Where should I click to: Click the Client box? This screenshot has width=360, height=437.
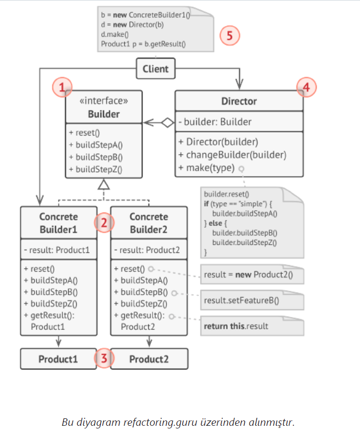(x=155, y=69)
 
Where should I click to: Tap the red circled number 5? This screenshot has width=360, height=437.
(x=230, y=36)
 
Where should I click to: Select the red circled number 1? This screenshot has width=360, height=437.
(x=62, y=87)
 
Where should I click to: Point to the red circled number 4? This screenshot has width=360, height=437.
(x=306, y=87)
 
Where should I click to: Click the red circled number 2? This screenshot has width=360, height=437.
(x=104, y=223)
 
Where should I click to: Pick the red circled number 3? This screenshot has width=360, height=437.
(x=104, y=359)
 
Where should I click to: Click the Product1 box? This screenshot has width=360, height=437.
(x=59, y=359)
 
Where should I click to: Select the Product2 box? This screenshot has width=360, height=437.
(x=149, y=359)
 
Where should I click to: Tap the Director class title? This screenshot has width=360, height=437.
(x=239, y=101)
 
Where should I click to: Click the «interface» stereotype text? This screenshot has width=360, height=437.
(x=104, y=100)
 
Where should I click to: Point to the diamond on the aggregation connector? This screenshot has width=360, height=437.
(x=168, y=122)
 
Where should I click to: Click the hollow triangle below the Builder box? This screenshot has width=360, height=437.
(x=105, y=185)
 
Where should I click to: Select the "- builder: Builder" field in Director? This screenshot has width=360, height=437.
(x=215, y=122)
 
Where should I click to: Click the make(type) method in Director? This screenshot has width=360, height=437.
(x=206, y=168)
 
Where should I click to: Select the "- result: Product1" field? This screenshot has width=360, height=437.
(x=57, y=250)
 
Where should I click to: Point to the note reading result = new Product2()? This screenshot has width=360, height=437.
(x=247, y=275)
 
